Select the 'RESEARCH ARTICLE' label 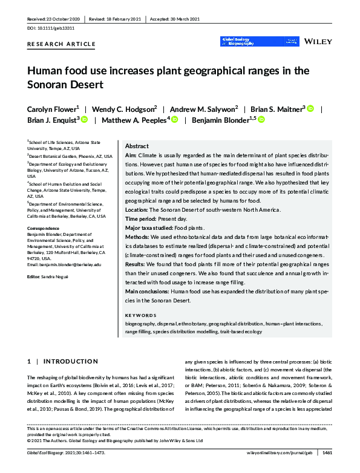[x=61, y=44]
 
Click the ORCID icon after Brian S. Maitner [x=311, y=108]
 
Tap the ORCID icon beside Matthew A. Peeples [x=174, y=120]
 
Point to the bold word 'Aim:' [x=131, y=156]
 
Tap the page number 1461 [x=327, y=452]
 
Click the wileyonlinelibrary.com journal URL [x=281, y=452]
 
